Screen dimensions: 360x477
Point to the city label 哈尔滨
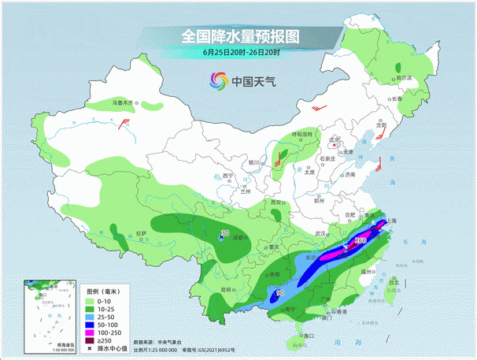point(404,78)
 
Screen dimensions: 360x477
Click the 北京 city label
point(334,140)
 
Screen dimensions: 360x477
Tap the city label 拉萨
point(141,233)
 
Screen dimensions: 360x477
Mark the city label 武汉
point(320,234)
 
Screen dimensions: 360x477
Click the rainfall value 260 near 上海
point(361,239)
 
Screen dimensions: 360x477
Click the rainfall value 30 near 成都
point(225,233)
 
